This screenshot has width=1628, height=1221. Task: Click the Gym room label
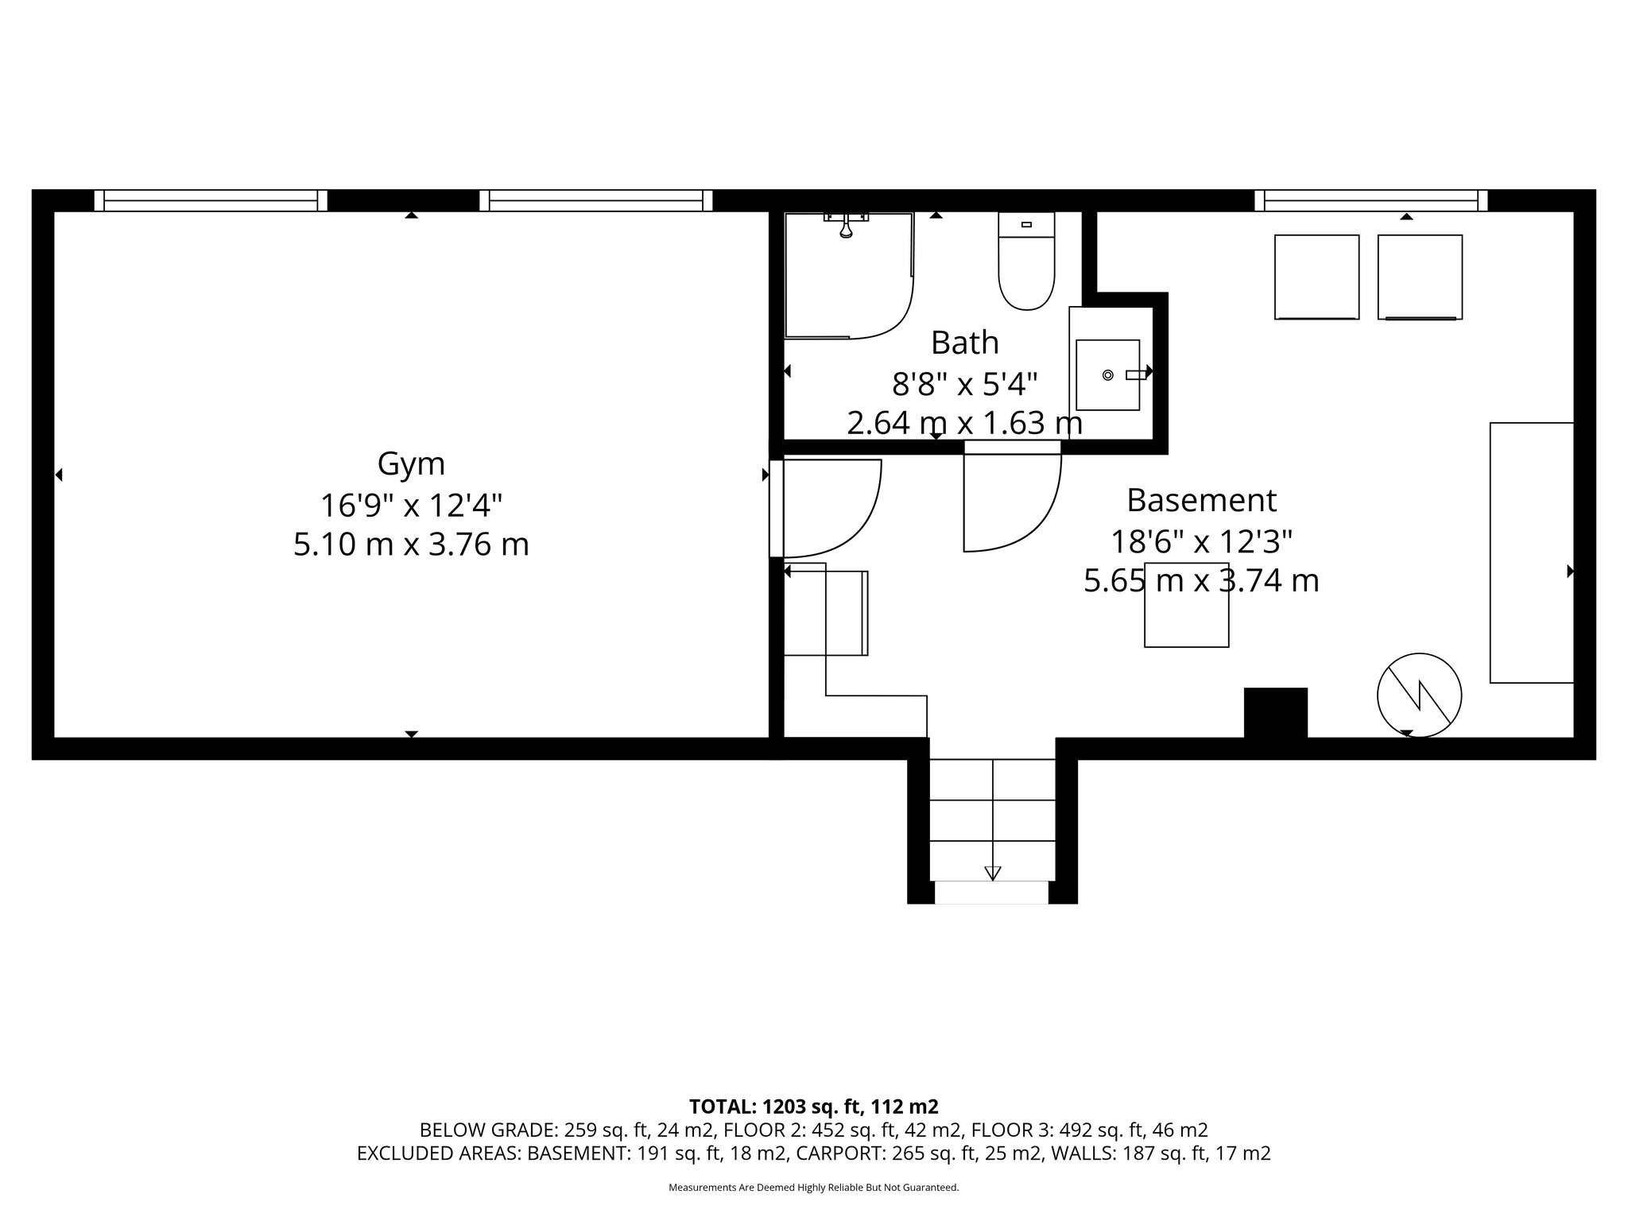[x=411, y=463]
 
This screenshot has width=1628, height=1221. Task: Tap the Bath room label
[x=964, y=343]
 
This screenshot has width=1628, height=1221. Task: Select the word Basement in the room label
[x=1201, y=501]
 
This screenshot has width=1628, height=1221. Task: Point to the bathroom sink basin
[x=1107, y=374]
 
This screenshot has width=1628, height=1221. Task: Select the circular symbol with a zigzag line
[x=1419, y=695]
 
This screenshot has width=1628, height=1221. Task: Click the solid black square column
[x=1275, y=712]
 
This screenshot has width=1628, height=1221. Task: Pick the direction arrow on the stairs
[x=992, y=872]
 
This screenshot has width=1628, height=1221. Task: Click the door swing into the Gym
[x=831, y=509]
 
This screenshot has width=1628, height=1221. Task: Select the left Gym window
[x=211, y=200]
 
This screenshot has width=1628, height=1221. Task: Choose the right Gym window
[x=595, y=200]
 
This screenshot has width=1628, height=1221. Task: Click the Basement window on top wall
[x=1370, y=200]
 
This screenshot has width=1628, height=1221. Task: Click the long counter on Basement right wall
[x=1531, y=552]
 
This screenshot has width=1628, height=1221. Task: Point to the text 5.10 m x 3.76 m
[x=411, y=545]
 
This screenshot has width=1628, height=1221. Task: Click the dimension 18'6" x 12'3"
[x=1201, y=542]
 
